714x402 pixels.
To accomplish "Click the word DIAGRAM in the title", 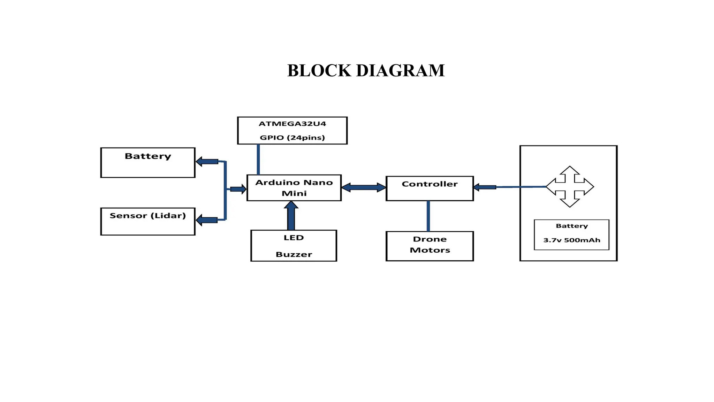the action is pyautogui.click(x=400, y=70).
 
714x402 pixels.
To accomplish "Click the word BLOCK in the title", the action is pyautogui.click(x=319, y=70).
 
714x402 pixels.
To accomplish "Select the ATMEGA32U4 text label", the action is pyautogui.click(x=292, y=124).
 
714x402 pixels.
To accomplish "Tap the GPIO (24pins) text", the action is pyautogui.click(x=292, y=137).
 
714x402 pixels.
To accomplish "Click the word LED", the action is pyautogui.click(x=294, y=238).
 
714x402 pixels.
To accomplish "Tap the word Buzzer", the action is pyautogui.click(x=294, y=254).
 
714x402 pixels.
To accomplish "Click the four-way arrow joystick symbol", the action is pyautogui.click(x=570, y=187).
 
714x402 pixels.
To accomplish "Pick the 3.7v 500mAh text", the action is pyautogui.click(x=572, y=240).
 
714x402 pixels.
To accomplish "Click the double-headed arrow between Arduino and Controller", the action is pyautogui.click(x=364, y=187).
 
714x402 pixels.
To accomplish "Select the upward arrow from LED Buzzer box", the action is pyautogui.click(x=291, y=216).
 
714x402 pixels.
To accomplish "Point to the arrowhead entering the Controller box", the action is pyautogui.click(x=477, y=187).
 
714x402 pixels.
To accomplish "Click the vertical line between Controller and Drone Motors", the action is pyautogui.click(x=428, y=216).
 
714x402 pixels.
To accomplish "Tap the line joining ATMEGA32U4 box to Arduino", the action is pyautogui.click(x=258, y=159).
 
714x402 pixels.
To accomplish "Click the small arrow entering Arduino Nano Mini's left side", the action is pyautogui.click(x=238, y=189).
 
